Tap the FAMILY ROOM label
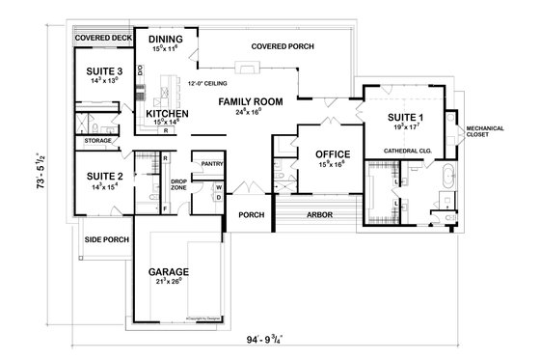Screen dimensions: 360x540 tap(250, 101)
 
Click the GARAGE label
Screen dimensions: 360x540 tap(168, 271)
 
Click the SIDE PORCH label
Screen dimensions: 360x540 tap(102, 238)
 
